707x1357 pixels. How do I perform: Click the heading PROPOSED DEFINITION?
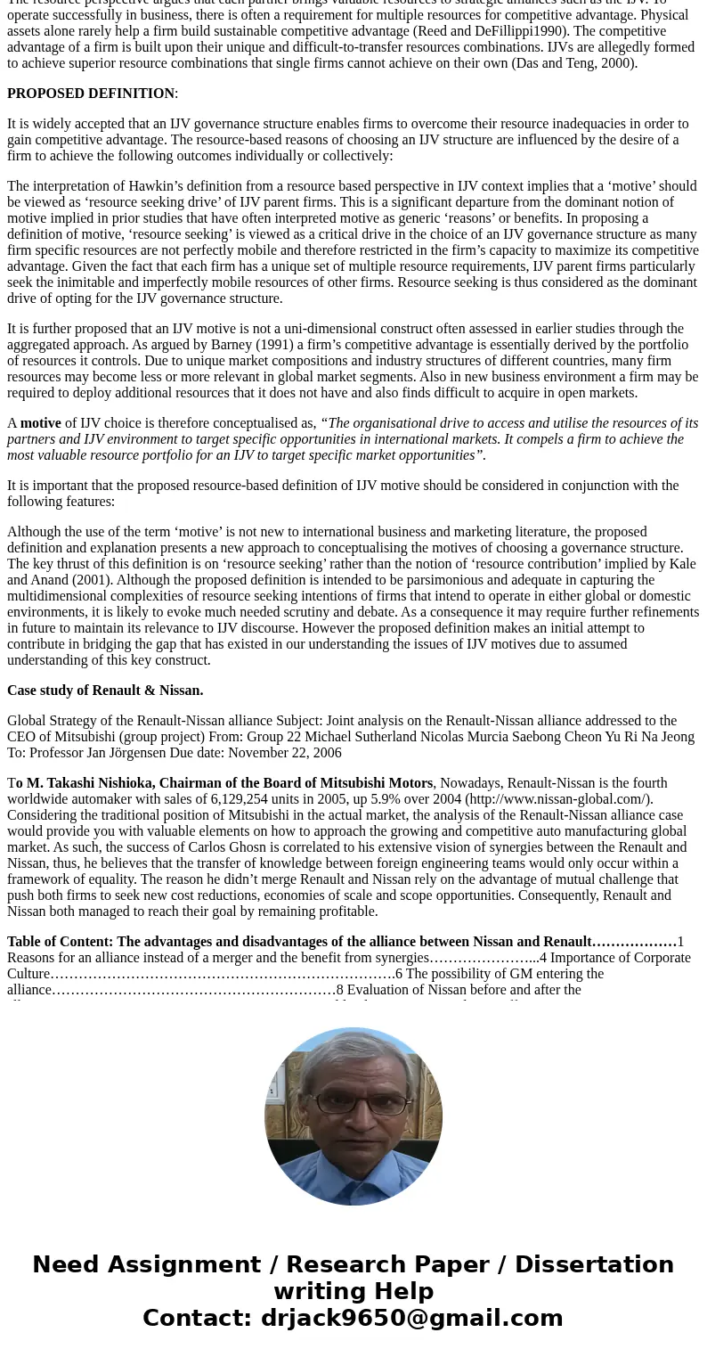pos(91,94)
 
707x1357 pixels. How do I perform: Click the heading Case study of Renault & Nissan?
pos(105,691)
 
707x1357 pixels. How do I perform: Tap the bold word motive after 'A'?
pos(41,423)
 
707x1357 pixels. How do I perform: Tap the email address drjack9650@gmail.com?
pos(411,1318)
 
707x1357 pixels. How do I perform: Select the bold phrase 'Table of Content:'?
pos(60,942)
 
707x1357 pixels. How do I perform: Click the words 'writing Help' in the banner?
pos(353,1291)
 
